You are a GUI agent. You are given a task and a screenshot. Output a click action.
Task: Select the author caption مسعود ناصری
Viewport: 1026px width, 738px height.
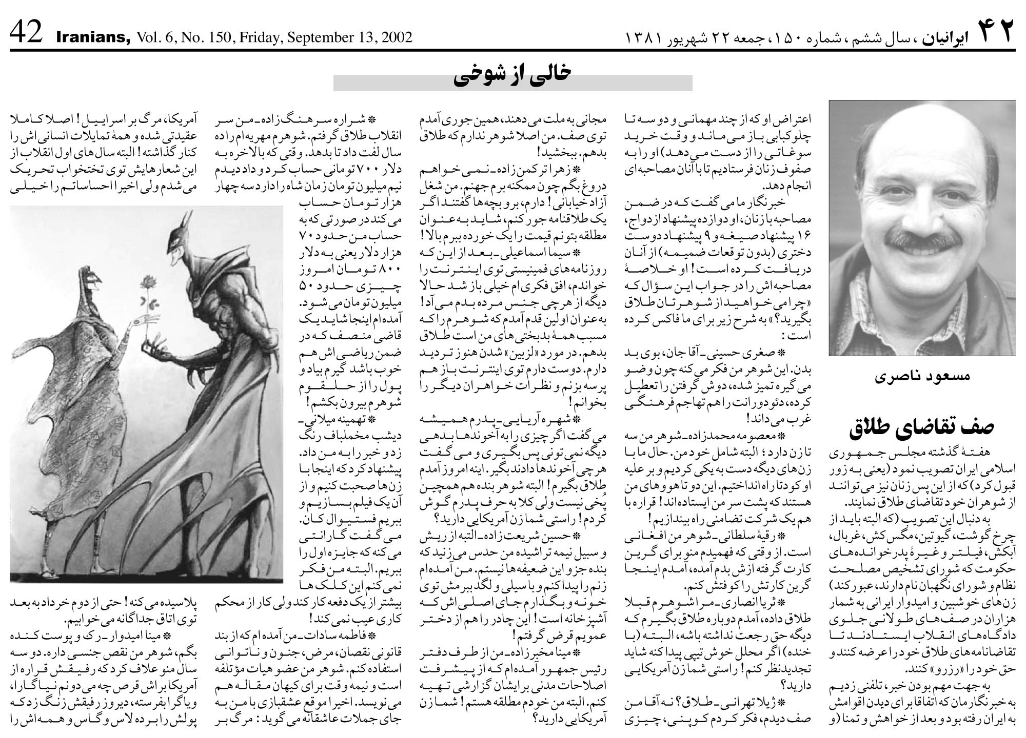[x=922, y=376]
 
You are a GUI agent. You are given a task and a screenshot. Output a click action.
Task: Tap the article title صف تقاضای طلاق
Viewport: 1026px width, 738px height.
[x=922, y=427]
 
